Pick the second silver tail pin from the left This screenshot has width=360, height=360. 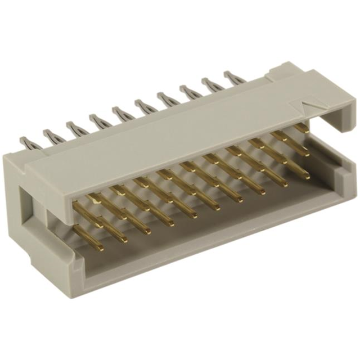click(x=49, y=135)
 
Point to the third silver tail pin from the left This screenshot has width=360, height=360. click(x=72, y=127)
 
